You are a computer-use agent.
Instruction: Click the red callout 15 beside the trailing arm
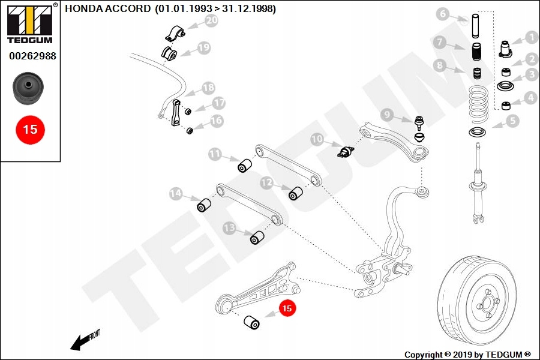point(287,308)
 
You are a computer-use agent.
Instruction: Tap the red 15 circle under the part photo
point(30,128)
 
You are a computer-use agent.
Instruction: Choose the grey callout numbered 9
point(386,114)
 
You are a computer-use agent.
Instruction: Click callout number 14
point(176,194)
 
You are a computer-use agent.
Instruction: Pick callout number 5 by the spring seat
point(512,121)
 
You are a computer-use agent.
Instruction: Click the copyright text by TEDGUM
point(467,355)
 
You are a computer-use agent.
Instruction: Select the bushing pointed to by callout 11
point(244,165)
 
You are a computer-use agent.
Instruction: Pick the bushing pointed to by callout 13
point(257,238)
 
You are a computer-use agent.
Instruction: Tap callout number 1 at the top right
point(531,37)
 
